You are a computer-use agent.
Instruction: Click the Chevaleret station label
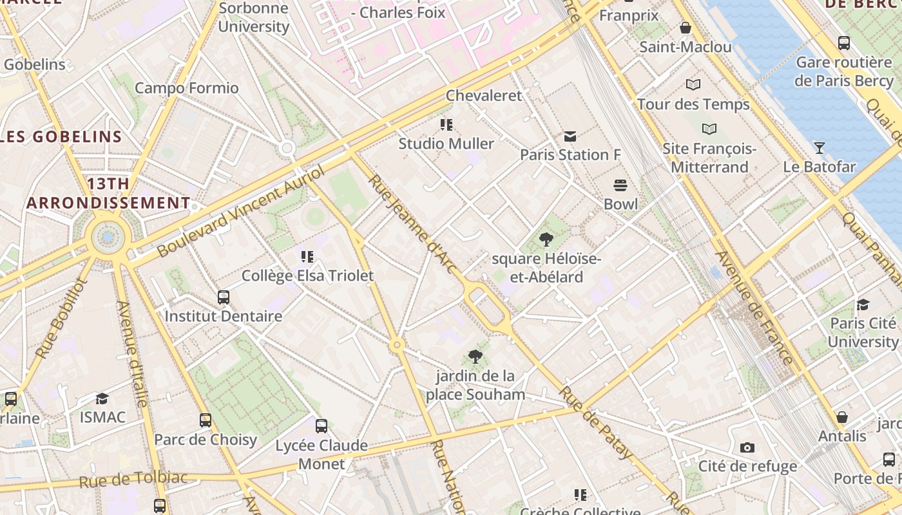point(484,95)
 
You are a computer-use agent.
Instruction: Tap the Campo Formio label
point(186,88)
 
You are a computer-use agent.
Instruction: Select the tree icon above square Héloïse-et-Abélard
point(546,240)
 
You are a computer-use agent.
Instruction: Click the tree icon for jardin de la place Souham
point(475,356)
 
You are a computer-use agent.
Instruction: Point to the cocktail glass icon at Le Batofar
point(819,148)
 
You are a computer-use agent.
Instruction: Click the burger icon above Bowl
point(620,185)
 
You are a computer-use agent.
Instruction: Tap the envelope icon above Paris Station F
point(570,136)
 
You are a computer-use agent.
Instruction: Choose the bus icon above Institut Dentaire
point(224,297)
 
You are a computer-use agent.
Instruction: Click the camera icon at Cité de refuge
point(747,447)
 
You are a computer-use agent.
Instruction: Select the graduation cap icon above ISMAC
point(102,398)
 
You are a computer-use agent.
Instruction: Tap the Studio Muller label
point(446,144)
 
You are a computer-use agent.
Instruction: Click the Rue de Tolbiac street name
point(133,480)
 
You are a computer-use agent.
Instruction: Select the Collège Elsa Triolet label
point(307,276)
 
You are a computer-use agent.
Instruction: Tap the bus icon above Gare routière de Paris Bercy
point(843,43)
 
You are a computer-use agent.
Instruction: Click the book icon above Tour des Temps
point(693,84)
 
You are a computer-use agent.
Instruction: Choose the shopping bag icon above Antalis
point(841,417)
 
